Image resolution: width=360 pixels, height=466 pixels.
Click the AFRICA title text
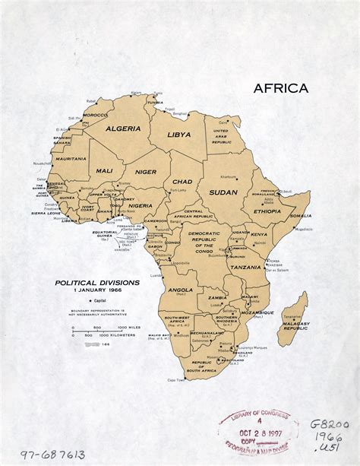pyautogui.click(x=281, y=88)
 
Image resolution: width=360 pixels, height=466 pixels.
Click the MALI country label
pyautogui.click(x=104, y=171)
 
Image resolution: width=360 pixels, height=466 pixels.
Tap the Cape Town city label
pyautogui.click(x=176, y=379)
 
